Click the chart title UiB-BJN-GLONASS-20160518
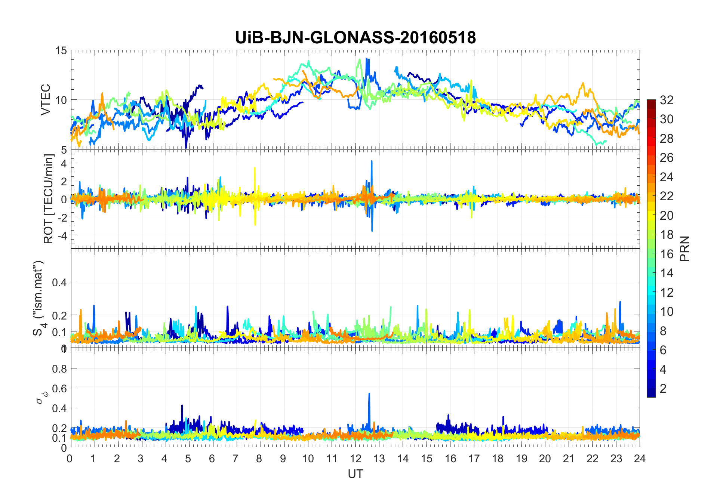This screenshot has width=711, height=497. pyautogui.click(x=355, y=38)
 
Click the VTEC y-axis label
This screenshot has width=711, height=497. pyautogui.click(x=45, y=100)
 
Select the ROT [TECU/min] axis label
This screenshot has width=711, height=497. pyautogui.click(x=48, y=199)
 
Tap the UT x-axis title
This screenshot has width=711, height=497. pyautogui.click(x=355, y=474)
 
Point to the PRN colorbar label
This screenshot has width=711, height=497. pyautogui.click(x=684, y=248)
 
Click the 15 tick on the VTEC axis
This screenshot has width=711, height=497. pyautogui.click(x=61, y=50)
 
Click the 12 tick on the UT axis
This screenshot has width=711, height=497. pyautogui.click(x=355, y=459)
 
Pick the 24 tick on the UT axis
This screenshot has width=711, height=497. pyautogui.click(x=640, y=459)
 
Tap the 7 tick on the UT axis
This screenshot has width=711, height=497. pyautogui.click(x=236, y=459)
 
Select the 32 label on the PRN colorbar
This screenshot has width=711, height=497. pyautogui.click(x=667, y=100)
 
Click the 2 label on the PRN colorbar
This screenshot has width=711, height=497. pyautogui.click(x=663, y=389)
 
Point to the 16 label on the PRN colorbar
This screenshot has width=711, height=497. pyautogui.click(x=667, y=254)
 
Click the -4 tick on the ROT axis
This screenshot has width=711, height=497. pyautogui.click(x=61, y=235)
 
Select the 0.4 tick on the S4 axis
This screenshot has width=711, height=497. pyautogui.click(x=59, y=283)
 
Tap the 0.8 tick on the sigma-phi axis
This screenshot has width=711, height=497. pyautogui.click(x=59, y=369)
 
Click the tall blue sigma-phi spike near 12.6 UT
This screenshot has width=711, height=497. pyautogui.click(x=369, y=394)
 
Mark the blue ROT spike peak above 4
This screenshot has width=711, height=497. pyautogui.click(x=372, y=161)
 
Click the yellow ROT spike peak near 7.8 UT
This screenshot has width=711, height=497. pyautogui.click(x=255, y=168)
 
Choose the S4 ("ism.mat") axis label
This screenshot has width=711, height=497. pyautogui.click(x=39, y=298)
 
